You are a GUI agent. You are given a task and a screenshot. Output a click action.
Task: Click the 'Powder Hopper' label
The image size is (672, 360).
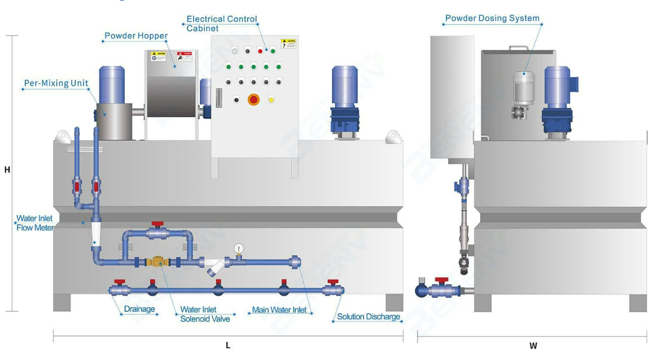(x=136, y=36)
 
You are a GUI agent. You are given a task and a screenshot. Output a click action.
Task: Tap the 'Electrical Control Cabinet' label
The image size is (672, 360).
(x=221, y=24)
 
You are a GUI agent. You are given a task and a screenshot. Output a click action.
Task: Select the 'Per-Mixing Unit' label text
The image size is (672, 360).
(x=56, y=84)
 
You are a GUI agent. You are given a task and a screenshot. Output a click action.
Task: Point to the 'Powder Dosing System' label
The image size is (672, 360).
(x=492, y=18)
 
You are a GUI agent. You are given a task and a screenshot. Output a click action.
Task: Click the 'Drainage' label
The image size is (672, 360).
(x=139, y=309)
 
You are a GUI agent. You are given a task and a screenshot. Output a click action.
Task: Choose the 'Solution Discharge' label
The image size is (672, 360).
(x=369, y=317)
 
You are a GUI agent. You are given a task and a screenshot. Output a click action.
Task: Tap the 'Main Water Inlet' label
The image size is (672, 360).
(x=279, y=310)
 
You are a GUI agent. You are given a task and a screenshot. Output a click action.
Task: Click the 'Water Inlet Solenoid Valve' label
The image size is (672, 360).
(x=205, y=314)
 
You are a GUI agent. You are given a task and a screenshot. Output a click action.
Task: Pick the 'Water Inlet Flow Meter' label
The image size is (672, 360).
(x=34, y=223)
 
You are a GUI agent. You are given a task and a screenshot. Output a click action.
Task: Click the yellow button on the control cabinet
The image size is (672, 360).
(x=271, y=100)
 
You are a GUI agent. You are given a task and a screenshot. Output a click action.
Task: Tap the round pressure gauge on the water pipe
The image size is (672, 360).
(x=239, y=248)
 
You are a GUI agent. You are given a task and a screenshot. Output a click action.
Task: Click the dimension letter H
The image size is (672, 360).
(x=7, y=170)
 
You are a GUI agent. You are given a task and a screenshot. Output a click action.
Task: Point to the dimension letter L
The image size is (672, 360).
(x=228, y=346)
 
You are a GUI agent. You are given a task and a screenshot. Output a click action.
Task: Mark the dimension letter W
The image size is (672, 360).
(x=533, y=346)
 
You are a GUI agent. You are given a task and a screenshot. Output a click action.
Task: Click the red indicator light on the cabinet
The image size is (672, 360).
(x=260, y=51)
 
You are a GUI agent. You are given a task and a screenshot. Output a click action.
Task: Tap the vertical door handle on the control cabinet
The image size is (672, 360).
(x=218, y=98)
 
